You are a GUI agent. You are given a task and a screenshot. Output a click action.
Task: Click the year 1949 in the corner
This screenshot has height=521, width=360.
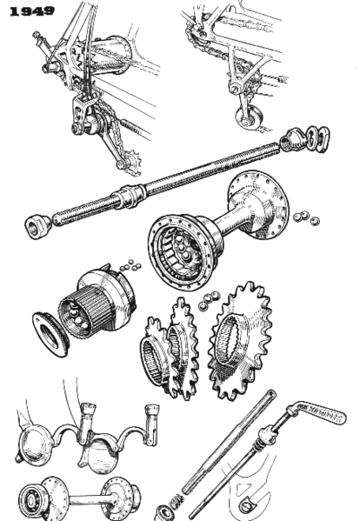click(x=31, y=11)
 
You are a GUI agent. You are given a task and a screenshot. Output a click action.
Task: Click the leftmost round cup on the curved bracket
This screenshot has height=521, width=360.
click(x=34, y=439)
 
